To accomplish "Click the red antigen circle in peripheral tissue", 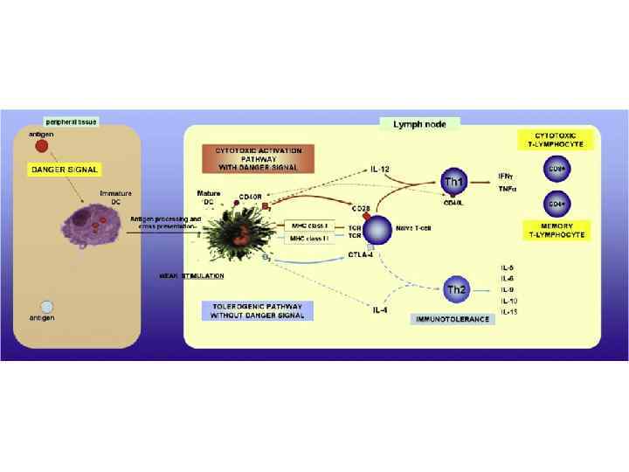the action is pos(42,146).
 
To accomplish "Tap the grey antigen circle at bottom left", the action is pos(46,306).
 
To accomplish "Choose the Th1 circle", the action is pos(454,182).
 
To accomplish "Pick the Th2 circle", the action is pos(455,288).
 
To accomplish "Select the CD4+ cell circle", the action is pos(555,203).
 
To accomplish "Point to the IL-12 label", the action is pos(380,167).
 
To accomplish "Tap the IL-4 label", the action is pos(380,307).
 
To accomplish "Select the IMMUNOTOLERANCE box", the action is pos(452,319).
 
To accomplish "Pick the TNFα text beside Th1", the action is pos(508,189).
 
